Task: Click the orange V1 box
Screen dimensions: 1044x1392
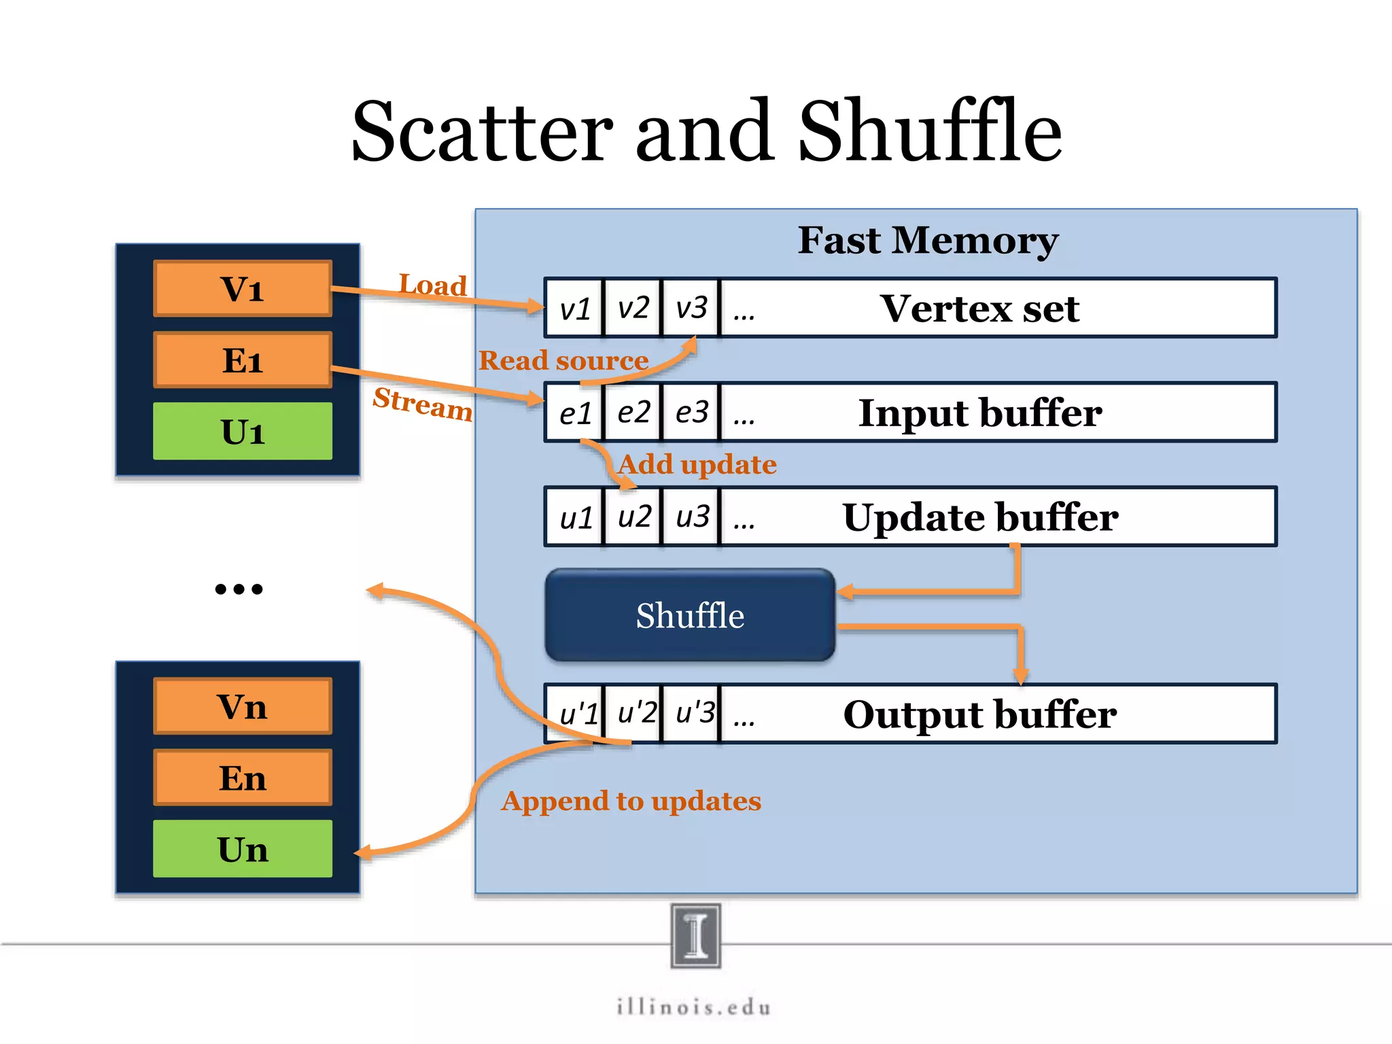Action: tap(243, 289)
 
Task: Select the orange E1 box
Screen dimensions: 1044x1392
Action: tap(243, 360)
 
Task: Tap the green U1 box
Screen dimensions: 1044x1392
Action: tap(243, 432)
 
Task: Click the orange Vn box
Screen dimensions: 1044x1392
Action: tap(243, 707)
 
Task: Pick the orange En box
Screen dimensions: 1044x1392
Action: tap(243, 778)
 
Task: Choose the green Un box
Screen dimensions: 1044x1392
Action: tap(243, 849)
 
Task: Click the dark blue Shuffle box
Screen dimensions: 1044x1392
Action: tap(690, 615)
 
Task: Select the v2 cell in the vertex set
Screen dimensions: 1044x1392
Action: tap(633, 308)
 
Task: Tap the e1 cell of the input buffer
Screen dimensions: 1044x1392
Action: tap(575, 413)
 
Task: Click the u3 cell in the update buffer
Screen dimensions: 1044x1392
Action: tap(692, 517)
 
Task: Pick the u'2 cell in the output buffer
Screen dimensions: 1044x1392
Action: tap(636, 713)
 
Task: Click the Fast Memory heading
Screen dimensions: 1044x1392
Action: tap(928, 241)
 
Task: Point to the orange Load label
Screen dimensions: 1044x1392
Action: tap(433, 284)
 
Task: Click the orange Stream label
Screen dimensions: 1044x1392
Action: tap(423, 403)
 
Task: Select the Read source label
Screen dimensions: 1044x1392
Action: tap(563, 360)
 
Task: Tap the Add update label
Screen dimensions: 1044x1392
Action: tap(697, 464)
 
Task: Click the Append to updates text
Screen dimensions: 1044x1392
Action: tap(631, 801)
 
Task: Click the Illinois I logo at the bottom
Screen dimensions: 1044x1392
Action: tap(695, 935)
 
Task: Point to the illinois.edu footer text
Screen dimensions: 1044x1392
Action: tap(694, 1007)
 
